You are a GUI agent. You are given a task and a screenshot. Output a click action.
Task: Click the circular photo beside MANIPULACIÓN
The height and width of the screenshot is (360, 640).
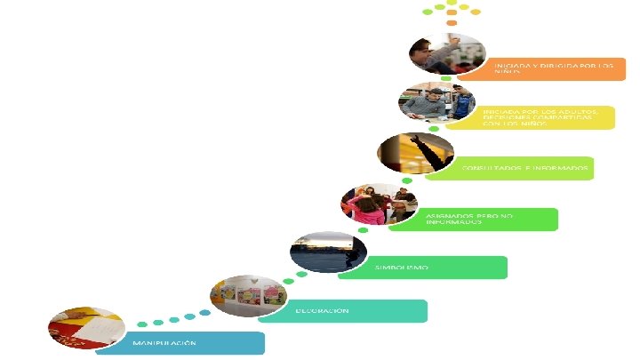tap(86, 328)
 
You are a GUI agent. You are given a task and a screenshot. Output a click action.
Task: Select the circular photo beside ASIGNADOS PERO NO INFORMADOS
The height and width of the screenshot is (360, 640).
tap(380, 204)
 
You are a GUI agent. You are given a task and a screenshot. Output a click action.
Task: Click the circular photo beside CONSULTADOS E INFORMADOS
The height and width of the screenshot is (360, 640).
tap(416, 153)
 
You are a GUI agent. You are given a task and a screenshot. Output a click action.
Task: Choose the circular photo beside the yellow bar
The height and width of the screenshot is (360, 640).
tap(437, 103)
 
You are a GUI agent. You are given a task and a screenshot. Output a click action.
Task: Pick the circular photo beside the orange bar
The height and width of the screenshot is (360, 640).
tap(447, 54)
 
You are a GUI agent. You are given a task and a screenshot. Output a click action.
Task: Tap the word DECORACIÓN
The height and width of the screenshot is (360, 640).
tap(322, 311)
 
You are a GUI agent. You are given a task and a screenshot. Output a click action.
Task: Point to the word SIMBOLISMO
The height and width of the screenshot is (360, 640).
tap(402, 268)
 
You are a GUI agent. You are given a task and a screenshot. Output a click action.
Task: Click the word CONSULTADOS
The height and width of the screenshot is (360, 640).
tap(485, 168)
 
